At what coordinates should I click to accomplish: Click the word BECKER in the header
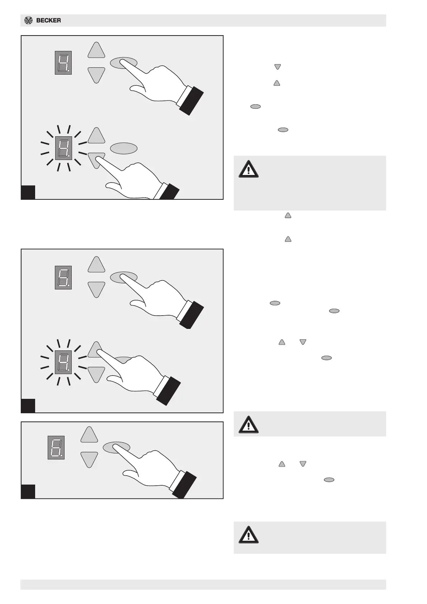[x=48, y=20]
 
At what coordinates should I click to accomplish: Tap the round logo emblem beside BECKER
[x=28, y=20]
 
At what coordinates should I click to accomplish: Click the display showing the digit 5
[x=63, y=277]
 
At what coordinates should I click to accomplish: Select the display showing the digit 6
[x=56, y=448]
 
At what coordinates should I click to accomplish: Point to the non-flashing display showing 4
[x=63, y=63]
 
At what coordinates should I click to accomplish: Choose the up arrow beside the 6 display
[x=89, y=435]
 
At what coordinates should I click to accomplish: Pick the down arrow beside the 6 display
[x=89, y=459]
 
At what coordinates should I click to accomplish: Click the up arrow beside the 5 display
[x=96, y=265]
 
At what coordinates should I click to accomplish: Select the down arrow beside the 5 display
[x=96, y=289]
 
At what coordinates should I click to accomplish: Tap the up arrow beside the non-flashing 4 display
[x=96, y=50]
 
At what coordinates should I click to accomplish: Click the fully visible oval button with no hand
[x=123, y=148]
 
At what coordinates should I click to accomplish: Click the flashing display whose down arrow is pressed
[x=63, y=148]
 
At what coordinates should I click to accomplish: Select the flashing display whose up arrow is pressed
[x=63, y=362]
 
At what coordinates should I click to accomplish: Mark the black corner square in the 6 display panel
[x=28, y=491]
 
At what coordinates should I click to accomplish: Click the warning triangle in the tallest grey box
[x=248, y=169]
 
